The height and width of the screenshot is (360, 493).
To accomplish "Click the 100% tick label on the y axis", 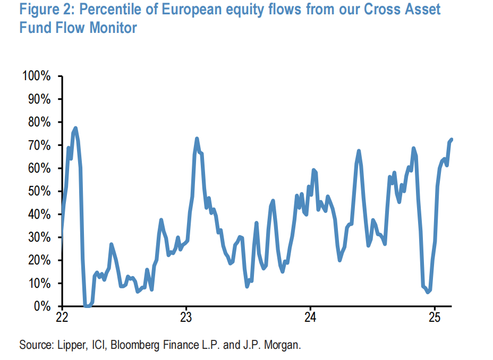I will click(x=36, y=76).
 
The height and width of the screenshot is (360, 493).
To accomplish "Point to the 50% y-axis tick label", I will click(x=39, y=192).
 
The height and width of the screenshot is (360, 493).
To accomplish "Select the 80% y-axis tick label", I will click(x=39, y=123).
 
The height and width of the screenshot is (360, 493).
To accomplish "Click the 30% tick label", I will click(x=39, y=238).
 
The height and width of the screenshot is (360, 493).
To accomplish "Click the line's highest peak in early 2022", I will click(x=75, y=128).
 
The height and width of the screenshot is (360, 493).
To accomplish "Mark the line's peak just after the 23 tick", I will click(x=197, y=139).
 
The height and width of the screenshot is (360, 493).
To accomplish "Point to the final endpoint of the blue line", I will click(x=451, y=139).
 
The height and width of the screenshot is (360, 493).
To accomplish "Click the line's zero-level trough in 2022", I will click(x=87, y=306).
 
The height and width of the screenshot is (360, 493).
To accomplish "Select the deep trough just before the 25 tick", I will click(x=428, y=292).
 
